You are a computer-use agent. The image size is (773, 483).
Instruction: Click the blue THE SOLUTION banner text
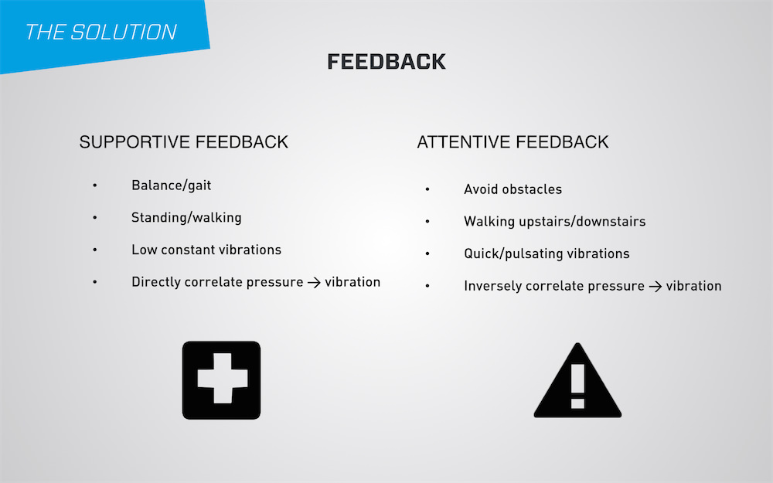pos(100,32)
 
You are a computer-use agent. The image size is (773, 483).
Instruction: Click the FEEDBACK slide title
pos(386,62)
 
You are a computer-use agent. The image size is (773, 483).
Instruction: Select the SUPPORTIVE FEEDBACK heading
pos(183,142)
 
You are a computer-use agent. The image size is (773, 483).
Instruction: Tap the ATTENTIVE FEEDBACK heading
pos(512,142)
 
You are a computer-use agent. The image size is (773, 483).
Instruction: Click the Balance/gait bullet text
pos(171,185)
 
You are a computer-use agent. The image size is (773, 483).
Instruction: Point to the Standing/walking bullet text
pos(186,218)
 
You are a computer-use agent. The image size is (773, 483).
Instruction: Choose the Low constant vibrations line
pos(206,250)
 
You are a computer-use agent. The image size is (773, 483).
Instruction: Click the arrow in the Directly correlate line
pos(314,283)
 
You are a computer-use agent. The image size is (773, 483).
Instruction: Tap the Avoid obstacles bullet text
pos(512,189)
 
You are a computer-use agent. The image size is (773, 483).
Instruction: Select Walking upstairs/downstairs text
pos(554,222)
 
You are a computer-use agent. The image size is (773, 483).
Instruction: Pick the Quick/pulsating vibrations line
pos(547,253)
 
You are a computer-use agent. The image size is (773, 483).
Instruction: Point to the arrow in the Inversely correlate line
pos(656,287)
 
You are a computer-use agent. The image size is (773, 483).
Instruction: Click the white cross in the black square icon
pos(222,378)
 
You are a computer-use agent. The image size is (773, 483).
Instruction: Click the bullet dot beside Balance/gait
pos(94,185)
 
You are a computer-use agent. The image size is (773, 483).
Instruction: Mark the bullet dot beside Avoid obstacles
pos(427,189)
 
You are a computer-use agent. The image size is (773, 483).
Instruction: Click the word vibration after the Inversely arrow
pos(693,286)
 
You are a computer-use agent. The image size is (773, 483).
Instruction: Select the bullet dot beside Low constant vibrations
pos(94,250)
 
